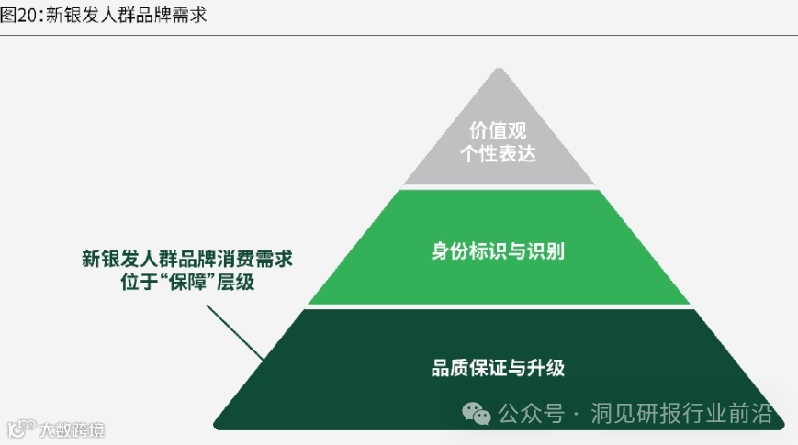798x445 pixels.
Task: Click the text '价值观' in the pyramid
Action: click(x=498, y=129)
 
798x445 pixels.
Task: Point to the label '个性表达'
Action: click(x=498, y=154)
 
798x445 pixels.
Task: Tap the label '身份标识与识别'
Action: click(x=498, y=250)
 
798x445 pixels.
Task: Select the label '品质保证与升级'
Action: click(x=498, y=369)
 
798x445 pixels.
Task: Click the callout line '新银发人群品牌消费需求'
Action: click(x=187, y=259)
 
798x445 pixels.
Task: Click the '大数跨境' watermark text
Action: click(x=72, y=429)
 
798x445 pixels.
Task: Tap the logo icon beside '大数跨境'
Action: click(x=20, y=428)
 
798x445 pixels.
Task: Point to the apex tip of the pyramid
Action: click(x=498, y=70)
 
